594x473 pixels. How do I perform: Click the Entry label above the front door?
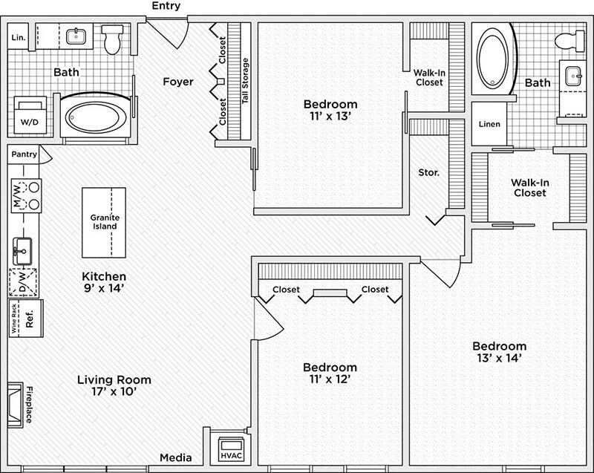pyautogui.click(x=166, y=6)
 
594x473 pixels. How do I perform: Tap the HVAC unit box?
pyautogui.click(x=231, y=449)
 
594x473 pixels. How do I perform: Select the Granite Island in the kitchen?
pyautogui.click(x=104, y=223)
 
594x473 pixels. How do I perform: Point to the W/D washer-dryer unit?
pyautogui.click(x=30, y=115)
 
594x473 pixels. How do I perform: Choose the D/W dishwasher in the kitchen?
pyautogui.click(x=23, y=282)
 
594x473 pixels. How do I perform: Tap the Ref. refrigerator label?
pyautogui.click(x=30, y=319)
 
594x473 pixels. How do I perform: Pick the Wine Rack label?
pyautogui.click(x=13, y=319)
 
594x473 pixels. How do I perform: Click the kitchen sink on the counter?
pyautogui.click(x=22, y=251)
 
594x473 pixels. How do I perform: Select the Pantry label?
pyautogui.click(x=25, y=154)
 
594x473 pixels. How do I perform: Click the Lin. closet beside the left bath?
pyautogui.click(x=18, y=36)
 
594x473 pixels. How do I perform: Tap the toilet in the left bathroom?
pyautogui.click(x=112, y=39)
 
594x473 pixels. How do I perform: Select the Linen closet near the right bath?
pyautogui.click(x=489, y=124)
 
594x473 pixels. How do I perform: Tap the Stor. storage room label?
pyautogui.click(x=429, y=173)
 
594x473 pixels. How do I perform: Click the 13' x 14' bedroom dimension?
pyautogui.click(x=500, y=358)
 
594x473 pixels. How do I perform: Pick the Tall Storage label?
pyautogui.click(x=245, y=81)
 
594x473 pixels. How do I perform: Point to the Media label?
pyautogui.click(x=176, y=457)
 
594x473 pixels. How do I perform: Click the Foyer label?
pyautogui.click(x=178, y=82)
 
